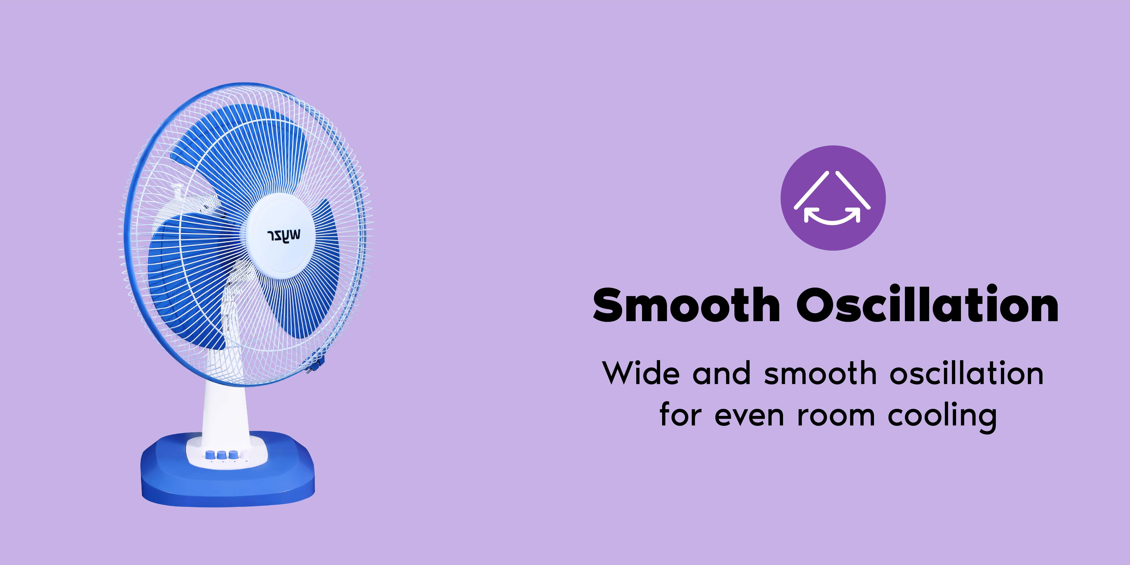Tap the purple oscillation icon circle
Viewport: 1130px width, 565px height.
tap(833, 198)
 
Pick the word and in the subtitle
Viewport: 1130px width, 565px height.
tap(722, 373)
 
